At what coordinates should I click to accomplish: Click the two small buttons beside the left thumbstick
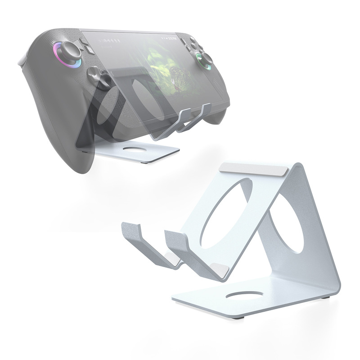click(85, 45)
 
